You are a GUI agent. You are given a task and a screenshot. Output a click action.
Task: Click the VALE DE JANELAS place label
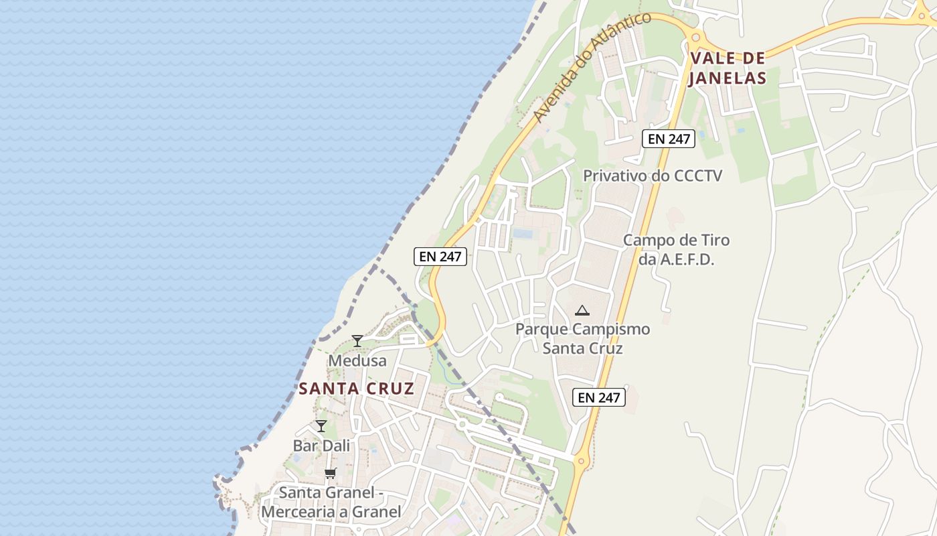tap(728, 68)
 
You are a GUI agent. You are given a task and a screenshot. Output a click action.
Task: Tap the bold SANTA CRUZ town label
tap(356, 389)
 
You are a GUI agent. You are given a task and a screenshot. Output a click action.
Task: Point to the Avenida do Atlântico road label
tap(592, 67)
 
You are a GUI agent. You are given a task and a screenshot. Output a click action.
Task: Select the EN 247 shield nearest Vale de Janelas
tap(669, 139)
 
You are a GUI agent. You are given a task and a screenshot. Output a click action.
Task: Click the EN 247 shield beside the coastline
tap(440, 256)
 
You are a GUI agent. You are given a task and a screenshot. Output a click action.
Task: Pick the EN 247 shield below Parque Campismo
tap(599, 397)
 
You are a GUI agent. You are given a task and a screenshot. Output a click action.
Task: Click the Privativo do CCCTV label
tap(653, 176)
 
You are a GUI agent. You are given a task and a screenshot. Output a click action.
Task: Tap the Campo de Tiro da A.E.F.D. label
tap(676, 249)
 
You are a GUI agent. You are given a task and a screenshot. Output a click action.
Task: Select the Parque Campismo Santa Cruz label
tap(582, 338)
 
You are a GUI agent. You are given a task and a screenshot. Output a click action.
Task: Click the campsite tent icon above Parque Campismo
tap(582, 310)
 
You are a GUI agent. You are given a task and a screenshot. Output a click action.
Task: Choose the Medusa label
tap(357, 360)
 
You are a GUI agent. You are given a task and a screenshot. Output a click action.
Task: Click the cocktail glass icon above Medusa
tap(357, 341)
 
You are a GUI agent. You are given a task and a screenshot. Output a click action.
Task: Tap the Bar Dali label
tap(321, 446)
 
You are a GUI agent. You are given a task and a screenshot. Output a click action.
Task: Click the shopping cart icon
tap(330, 474)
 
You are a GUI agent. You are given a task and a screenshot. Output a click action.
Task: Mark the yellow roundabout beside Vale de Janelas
tap(695, 38)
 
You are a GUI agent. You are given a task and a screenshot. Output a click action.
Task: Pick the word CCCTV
tap(698, 176)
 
